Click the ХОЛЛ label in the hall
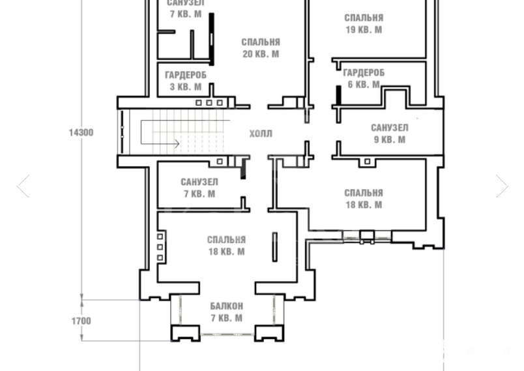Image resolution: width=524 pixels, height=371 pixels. coord(261,134)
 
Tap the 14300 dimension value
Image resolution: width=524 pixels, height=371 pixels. coord(81,133)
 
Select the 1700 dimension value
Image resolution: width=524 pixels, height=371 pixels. coord(81,321)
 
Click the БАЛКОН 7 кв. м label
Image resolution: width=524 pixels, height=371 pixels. coord(227,312)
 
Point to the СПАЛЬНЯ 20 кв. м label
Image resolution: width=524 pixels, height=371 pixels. coord(261,48)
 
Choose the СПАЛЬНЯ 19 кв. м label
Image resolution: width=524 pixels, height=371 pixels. coord(364,23)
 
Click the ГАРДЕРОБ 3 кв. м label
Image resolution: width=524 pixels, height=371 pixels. coord(186,81)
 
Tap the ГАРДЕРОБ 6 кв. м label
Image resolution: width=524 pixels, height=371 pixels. coord(364,78)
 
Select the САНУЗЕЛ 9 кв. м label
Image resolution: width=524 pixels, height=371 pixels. coord(390,134)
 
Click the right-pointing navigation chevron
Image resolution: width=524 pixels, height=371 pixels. coord(502,186)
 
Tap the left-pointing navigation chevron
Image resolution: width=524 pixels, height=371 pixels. coord(23,186)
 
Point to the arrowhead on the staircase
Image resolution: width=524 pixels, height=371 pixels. coord(177,143)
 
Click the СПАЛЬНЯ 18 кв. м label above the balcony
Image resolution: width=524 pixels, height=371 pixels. coord(227,246)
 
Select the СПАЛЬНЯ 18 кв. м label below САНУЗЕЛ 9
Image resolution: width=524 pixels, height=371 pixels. coord(364,199)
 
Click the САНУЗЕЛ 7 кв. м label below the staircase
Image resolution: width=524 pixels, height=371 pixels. coord(199,188)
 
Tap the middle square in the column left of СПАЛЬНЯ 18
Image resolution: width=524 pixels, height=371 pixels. coord(160,247)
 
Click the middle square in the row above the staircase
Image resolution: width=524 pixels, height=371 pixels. coord(209,103)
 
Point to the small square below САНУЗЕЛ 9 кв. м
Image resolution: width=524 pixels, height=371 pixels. coord(368,162)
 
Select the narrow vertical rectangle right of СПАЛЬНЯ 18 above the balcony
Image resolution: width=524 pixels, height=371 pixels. coord(274,247)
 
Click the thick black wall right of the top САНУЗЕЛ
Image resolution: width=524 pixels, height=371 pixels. coord(212,39)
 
